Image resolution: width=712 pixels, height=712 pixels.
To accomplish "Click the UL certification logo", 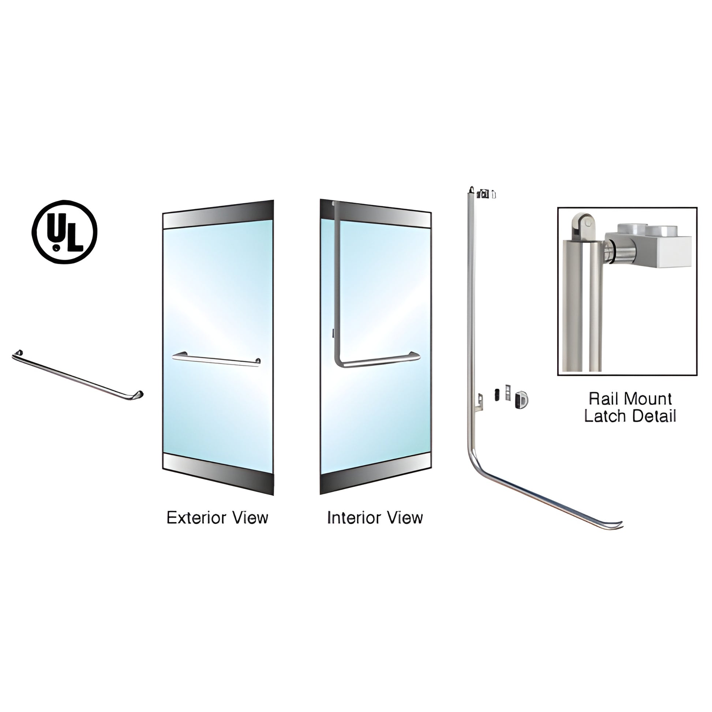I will coord(64,232).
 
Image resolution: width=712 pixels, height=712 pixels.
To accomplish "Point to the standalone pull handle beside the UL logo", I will coord(78,375).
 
